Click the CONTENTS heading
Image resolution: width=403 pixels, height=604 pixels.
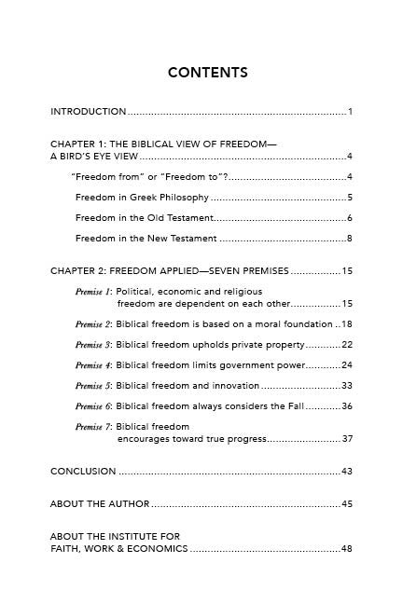pos(207,72)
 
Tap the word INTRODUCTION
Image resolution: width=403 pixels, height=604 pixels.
pos(89,112)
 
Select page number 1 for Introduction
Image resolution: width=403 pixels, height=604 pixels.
pos(349,112)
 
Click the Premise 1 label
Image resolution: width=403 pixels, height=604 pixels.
pos(93,292)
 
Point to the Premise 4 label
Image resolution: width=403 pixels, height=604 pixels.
pos(93,365)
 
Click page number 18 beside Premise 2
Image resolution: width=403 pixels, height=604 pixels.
pos(346,324)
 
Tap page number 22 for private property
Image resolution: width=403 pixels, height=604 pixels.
pos(346,345)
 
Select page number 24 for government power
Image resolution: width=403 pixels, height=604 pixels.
pos(346,365)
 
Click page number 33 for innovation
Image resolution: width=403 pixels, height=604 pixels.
pos(346,386)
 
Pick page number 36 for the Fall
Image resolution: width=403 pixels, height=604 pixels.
pos(346,406)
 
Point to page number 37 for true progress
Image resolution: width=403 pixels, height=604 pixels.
pos(347,438)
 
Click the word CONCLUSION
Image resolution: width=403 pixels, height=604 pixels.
pos(83,472)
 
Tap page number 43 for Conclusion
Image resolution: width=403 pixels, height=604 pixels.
pos(346,472)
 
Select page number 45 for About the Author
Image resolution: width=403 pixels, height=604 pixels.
pos(346,504)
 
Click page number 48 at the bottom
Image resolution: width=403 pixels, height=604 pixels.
pos(346,549)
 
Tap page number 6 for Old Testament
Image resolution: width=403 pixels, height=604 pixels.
pos(349,218)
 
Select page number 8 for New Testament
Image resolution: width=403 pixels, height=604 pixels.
pos(349,239)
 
